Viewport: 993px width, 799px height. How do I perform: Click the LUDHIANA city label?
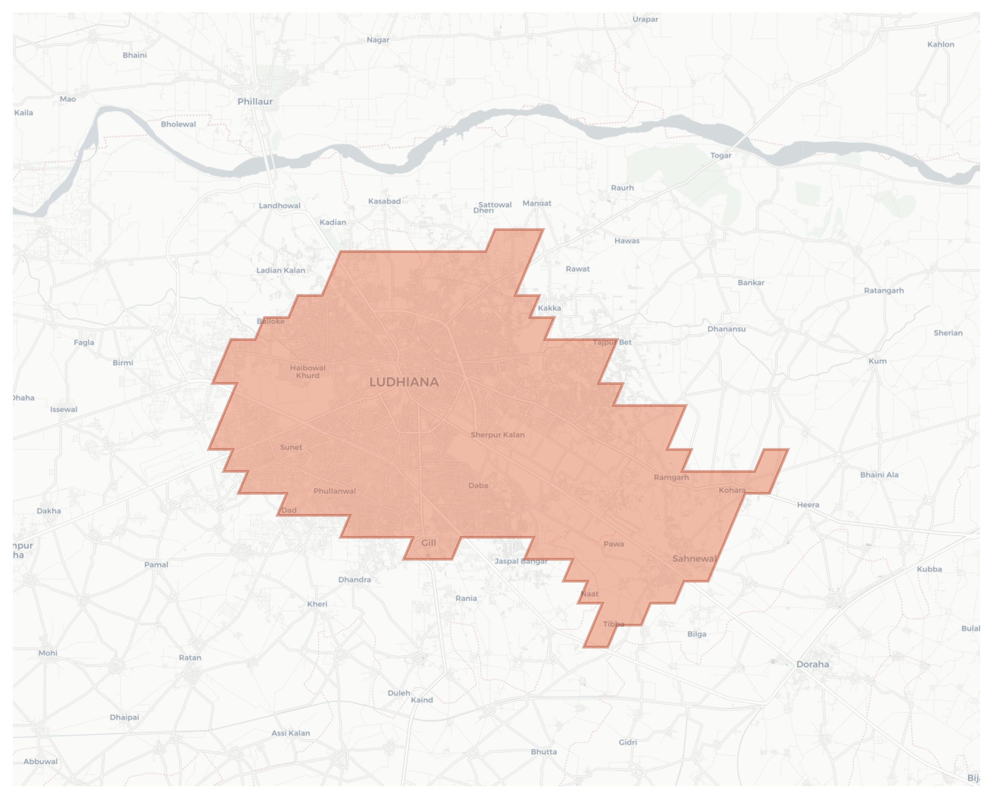click(x=404, y=382)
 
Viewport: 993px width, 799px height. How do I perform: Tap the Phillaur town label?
click(x=254, y=102)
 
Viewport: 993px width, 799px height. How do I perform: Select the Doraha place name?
click(x=812, y=664)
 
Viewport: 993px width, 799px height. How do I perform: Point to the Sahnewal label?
click(x=694, y=559)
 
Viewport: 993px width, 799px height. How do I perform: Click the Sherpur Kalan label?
click(x=497, y=435)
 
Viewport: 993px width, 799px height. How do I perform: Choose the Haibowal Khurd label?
click(x=308, y=372)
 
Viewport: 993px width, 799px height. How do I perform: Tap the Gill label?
click(x=428, y=542)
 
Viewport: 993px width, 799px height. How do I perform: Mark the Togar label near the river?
click(x=721, y=156)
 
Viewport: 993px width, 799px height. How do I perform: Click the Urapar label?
click(x=645, y=19)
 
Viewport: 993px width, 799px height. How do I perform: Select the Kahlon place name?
click(x=941, y=45)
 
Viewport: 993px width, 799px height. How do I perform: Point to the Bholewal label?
click(x=178, y=124)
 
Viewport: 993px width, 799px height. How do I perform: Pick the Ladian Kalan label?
click(x=280, y=270)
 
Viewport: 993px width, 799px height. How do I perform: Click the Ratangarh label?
click(x=884, y=291)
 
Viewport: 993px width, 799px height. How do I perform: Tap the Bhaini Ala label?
click(x=879, y=475)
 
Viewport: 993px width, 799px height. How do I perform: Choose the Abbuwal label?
click(x=40, y=761)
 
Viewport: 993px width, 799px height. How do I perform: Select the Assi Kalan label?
click(x=291, y=733)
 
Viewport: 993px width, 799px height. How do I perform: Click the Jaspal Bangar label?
click(x=521, y=561)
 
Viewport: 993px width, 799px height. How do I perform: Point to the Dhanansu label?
click(x=726, y=329)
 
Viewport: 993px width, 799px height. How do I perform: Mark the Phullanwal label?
click(x=335, y=491)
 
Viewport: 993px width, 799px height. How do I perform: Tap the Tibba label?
click(x=613, y=624)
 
